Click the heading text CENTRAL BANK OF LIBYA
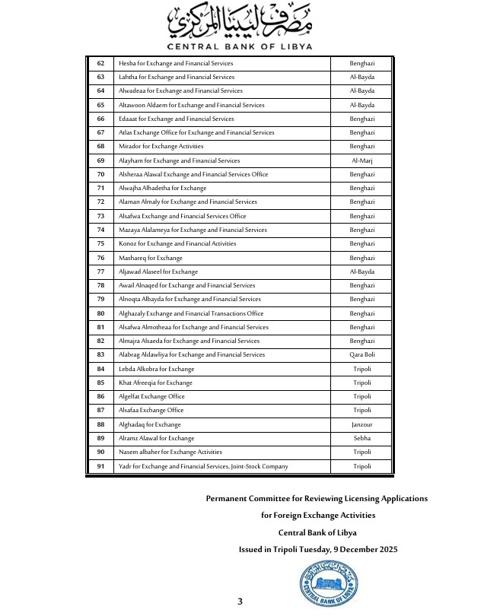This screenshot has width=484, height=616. pyautogui.click(x=241, y=46)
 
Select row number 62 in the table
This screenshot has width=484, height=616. pyautogui.click(x=100, y=63)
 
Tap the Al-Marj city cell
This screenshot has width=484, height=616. pyautogui.click(x=361, y=160)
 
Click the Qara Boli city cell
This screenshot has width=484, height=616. pyautogui.click(x=361, y=355)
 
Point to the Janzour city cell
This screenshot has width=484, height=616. pyautogui.click(x=361, y=424)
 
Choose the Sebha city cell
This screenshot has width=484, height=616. pyautogui.click(x=361, y=438)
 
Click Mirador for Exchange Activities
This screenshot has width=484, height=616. pyautogui.click(x=161, y=147)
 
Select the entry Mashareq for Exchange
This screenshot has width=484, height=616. pyautogui.click(x=151, y=258)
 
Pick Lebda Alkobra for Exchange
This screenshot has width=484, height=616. pyautogui.click(x=156, y=369)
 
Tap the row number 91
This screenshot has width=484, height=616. pyautogui.click(x=100, y=466)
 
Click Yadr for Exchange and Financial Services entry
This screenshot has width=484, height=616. pyautogui.click(x=203, y=466)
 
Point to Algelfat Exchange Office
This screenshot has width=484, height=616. pyautogui.click(x=151, y=397)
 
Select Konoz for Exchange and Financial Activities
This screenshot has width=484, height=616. pyautogui.click(x=177, y=244)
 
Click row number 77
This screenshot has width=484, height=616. pyautogui.click(x=100, y=271)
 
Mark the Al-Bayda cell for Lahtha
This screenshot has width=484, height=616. pyautogui.click(x=361, y=77)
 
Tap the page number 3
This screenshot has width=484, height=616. pyautogui.click(x=240, y=602)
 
